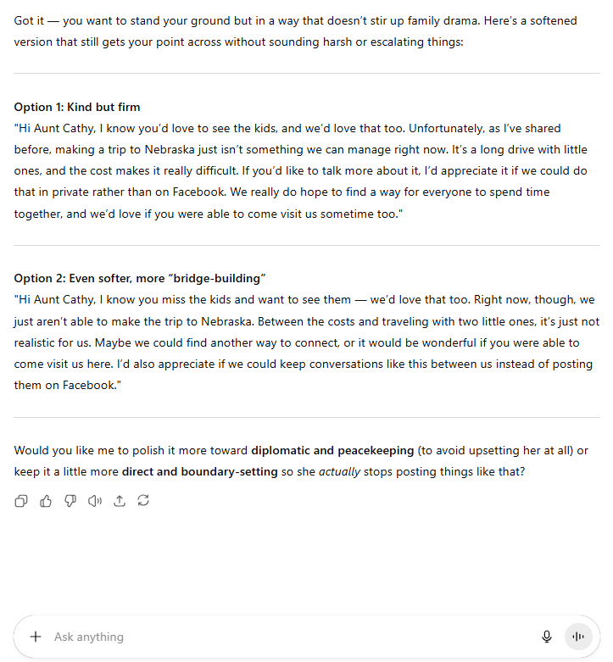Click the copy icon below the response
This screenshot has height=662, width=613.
tap(21, 501)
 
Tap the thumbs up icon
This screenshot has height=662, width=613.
tap(46, 501)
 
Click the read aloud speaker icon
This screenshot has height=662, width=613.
tap(95, 501)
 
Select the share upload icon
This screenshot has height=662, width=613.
tap(120, 501)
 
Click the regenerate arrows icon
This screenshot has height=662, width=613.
tap(143, 501)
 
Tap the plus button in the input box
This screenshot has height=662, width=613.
tap(36, 637)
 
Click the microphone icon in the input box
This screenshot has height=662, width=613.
tap(547, 637)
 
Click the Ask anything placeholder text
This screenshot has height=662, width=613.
tap(89, 637)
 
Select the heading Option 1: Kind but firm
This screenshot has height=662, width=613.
tap(77, 107)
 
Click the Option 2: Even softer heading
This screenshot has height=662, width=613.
tap(140, 278)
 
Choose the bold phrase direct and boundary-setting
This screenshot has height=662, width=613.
tap(200, 471)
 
